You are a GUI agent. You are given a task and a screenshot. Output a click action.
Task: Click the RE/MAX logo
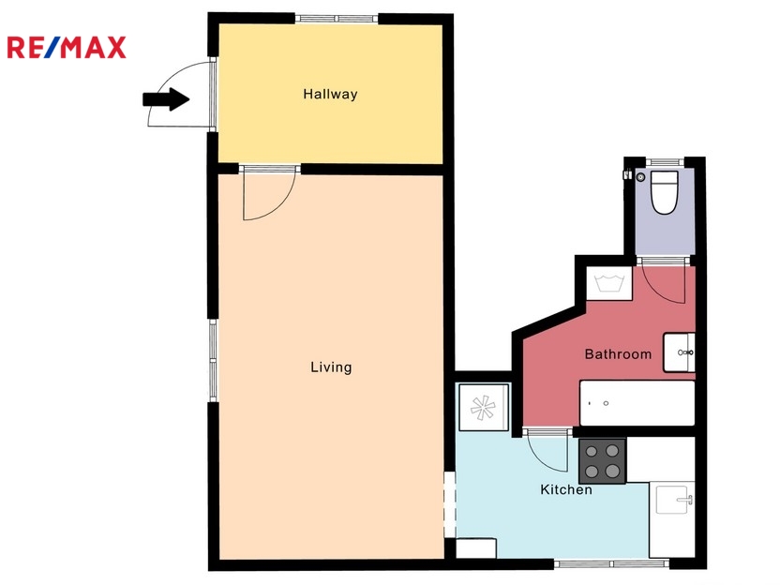pyautogui.click(x=67, y=48)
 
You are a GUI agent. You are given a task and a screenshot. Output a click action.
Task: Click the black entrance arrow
pyautogui.click(x=166, y=99)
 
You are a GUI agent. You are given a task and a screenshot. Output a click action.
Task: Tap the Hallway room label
pyautogui.click(x=330, y=94)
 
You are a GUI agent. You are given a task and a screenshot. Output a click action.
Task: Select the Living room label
pyautogui.click(x=331, y=367)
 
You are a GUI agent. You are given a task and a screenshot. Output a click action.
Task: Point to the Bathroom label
pyautogui.click(x=618, y=354)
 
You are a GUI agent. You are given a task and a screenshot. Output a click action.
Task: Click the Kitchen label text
pyautogui.click(x=566, y=489)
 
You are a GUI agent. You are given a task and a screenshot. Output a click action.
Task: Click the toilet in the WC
pyautogui.click(x=665, y=192)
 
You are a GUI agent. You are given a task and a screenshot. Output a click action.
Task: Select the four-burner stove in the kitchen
pyautogui.click(x=602, y=460)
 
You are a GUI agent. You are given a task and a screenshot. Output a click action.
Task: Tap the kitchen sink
pyautogui.click(x=671, y=500)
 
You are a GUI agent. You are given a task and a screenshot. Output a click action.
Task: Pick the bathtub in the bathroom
pyautogui.click(x=637, y=403)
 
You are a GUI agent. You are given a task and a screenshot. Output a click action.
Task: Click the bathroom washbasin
pyautogui.click(x=679, y=352)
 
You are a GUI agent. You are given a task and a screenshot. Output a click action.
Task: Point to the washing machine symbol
pyautogui.click(x=609, y=283)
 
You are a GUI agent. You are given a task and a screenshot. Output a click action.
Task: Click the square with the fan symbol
pyautogui.click(x=483, y=407)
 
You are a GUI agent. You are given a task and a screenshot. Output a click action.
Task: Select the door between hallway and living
pyautogui.click(x=269, y=193)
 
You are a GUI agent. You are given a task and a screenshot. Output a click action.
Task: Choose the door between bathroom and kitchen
pyautogui.click(x=547, y=450)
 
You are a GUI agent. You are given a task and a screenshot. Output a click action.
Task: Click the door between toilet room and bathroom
pyautogui.click(x=663, y=280)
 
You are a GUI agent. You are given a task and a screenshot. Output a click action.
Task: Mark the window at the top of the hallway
pyautogui.click(x=337, y=19)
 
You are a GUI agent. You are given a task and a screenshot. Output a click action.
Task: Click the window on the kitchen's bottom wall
pyautogui.click(x=612, y=563)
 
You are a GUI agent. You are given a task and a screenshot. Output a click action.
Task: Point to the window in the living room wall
pyautogui.click(x=213, y=360)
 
